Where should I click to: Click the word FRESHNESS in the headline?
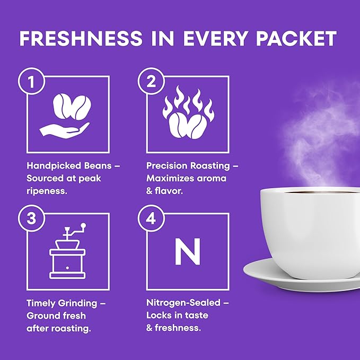coord(81,38)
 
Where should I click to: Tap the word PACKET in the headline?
coord(296,38)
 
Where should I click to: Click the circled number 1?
coord(31,81)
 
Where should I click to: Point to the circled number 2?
coord(151,81)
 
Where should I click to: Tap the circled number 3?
coord(31,218)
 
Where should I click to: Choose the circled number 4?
coord(151,218)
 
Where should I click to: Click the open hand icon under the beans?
coord(65,130)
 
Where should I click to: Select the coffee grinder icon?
coord(67,251)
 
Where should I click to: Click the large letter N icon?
coord(188,251)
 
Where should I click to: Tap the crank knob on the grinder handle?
coord(84,225)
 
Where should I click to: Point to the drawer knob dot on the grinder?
coord(67,268)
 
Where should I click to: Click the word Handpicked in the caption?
coord(54,166)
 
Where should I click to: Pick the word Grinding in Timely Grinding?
coord(77,303)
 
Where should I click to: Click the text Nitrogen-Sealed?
coord(183,303)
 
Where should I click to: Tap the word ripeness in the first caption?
coord(47,191)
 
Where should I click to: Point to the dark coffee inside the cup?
coord(321,192)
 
